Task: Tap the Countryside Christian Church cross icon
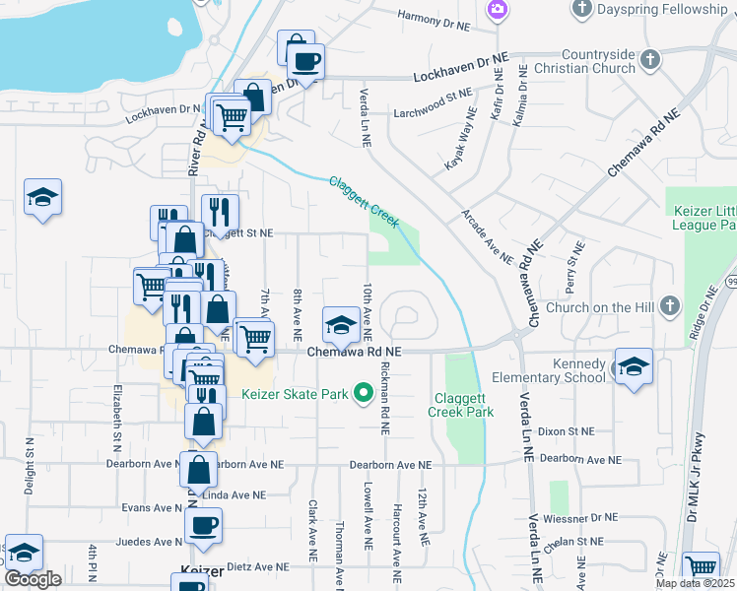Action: coord(649,60)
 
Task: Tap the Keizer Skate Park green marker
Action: coord(363,394)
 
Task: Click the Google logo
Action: coord(33,579)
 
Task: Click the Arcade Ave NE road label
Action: coord(488,237)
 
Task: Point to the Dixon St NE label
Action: coord(568,431)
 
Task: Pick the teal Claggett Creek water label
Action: coord(364,201)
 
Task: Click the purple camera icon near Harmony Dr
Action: coord(498,10)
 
